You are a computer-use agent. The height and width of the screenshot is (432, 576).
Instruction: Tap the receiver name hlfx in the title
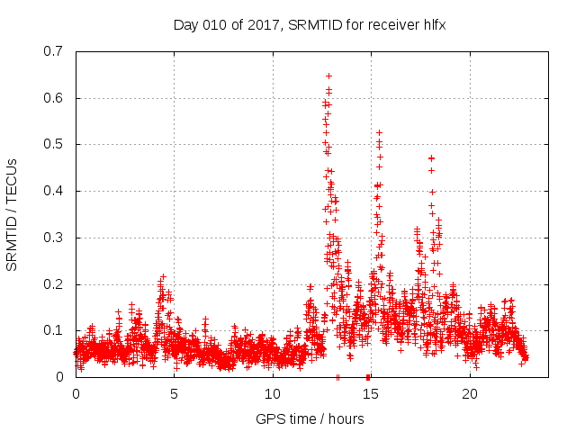tap(430, 25)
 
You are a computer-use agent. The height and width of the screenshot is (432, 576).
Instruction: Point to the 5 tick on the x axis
tap(174, 393)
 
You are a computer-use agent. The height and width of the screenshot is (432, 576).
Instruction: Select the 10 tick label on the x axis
tap(272, 393)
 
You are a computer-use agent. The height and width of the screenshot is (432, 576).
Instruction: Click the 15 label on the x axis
tap(371, 393)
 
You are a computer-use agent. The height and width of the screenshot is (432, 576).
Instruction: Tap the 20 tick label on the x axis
tap(469, 393)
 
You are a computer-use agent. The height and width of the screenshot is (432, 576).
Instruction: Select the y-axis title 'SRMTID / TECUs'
tap(13, 214)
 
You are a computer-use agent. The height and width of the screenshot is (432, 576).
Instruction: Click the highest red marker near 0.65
tap(328, 76)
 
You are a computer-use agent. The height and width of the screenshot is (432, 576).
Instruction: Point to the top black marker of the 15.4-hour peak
tap(379, 132)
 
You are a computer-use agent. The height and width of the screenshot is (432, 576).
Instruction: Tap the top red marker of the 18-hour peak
tap(431, 158)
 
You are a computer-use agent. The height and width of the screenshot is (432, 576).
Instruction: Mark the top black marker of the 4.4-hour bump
tap(163, 277)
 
